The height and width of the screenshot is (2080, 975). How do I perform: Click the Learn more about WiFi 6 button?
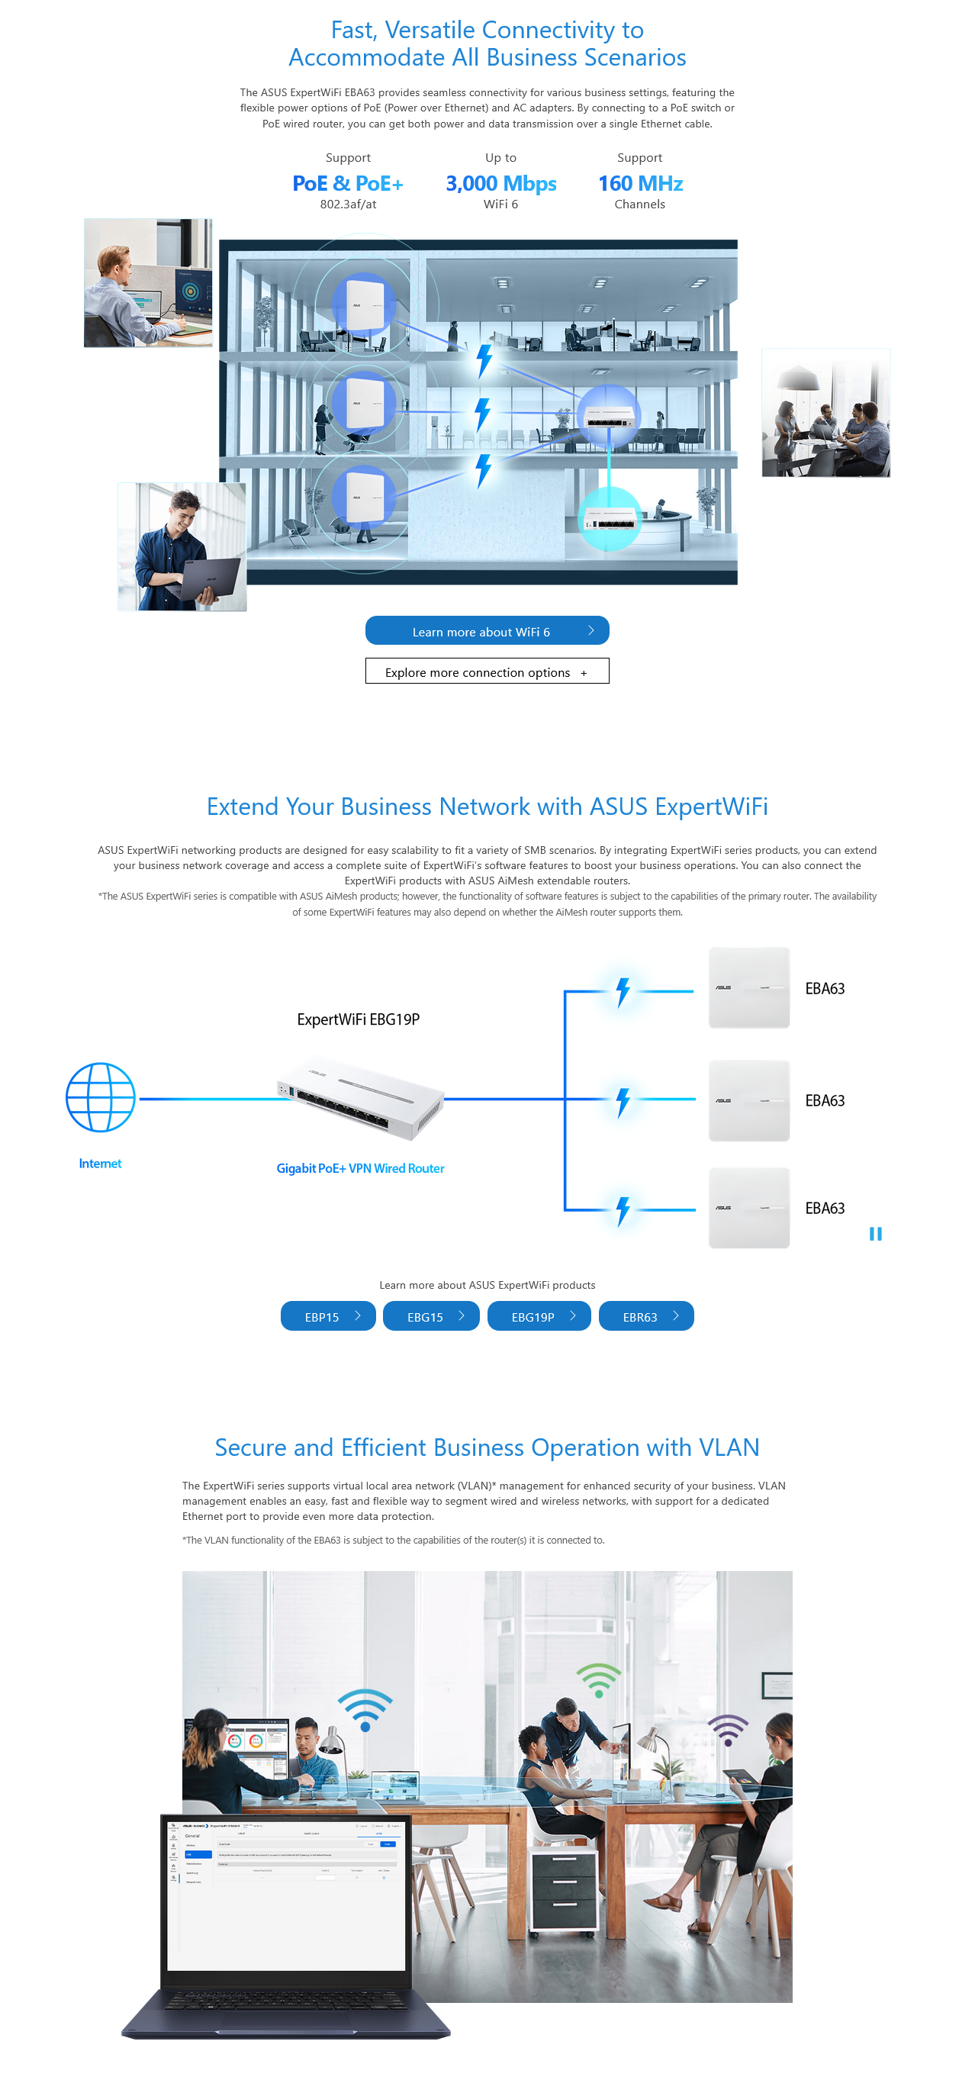(487, 630)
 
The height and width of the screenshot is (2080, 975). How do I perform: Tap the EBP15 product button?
(328, 1316)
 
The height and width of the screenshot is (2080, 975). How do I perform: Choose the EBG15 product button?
(431, 1316)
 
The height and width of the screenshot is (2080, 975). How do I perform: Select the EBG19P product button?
(539, 1316)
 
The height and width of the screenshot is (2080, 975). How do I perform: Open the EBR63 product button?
(645, 1316)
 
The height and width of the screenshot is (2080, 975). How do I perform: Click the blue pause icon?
(875, 1234)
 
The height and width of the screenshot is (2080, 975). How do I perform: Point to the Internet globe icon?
(100, 1097)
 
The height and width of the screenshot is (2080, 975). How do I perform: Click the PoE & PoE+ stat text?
(348, 184)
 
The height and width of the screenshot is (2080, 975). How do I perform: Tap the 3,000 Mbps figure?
(501, 184)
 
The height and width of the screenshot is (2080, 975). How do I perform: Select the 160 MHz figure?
(640, 184)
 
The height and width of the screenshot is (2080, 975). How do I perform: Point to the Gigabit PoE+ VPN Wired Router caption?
(360, 1168)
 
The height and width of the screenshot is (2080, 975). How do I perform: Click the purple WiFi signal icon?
(728, 1730)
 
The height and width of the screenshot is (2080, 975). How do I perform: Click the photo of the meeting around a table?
(825, 413)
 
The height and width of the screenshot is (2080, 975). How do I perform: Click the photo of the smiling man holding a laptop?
(182, 546)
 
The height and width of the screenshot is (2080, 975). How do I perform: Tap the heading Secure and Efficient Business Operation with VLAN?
(487, 1447)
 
